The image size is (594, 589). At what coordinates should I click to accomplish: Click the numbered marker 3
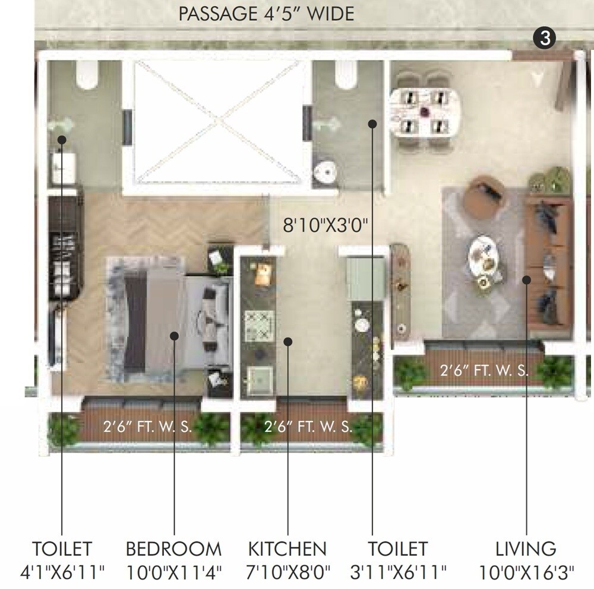click(x=545, y=38)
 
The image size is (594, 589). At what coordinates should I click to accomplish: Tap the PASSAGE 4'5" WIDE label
click(x=266, y=14)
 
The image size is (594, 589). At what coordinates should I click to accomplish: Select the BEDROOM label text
click(x=173, y=548)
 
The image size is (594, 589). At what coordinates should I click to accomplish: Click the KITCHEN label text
click(x=287, y=548)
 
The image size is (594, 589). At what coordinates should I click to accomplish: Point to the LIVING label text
click(x=526, y=548)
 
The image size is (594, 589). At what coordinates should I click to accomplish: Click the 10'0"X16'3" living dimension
click(x=526, y=572)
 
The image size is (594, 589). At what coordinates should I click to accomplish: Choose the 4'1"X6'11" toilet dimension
click(x=62, y=572)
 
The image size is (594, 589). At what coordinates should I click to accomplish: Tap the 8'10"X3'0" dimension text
click(x=326, y=225)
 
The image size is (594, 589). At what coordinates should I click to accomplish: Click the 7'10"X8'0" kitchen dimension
click(x=287, y=572)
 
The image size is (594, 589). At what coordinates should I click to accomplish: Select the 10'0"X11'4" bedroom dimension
click(x=173, y=572)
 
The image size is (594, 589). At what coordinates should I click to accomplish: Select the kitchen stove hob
click(x=260, y=326)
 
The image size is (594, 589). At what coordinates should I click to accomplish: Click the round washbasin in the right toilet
click(x=325, y=171)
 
